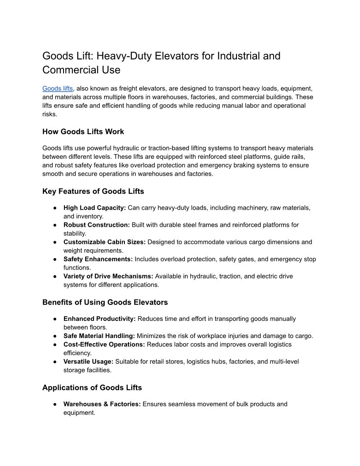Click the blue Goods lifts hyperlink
click(57, 88)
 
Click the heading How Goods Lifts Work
click(83, 132)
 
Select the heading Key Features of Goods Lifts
click(93, 191)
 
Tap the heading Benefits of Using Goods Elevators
click(105, 302)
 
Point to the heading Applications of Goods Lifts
click(92, 387)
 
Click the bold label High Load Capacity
click(94, 207)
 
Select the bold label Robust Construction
click(97, 225)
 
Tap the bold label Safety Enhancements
click(98, 259)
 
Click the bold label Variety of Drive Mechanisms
click(108, 276)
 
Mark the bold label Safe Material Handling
click(99, 336)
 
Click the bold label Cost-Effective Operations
click(104, 344)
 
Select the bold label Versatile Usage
click(88, 361)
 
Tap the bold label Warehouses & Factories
click(102, 404)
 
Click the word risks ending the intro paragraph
click(50, 114)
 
